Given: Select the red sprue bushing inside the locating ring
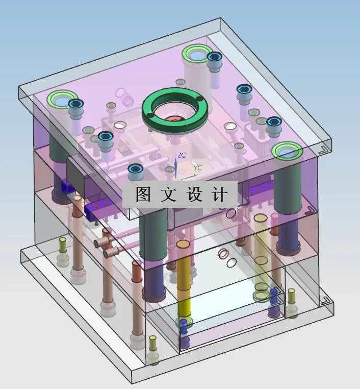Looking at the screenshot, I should point(173,119).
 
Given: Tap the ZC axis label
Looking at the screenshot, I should point(181,155).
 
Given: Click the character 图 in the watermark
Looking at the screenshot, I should point(143,194).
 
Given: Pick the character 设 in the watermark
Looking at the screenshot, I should point(195,194).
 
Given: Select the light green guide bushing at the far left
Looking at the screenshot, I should point(61,100).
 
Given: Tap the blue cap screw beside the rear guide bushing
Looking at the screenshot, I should point(214,58).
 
